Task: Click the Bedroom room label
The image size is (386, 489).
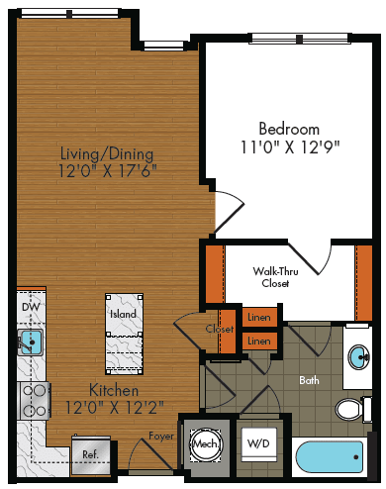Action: [x=289, y=129]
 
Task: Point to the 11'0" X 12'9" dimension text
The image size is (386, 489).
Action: [x=289, y=147]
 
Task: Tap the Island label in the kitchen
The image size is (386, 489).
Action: [x=124, y=315]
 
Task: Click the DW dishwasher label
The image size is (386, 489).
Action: [x=31, y=308]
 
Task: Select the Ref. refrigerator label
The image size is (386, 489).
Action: [x=89, y=455]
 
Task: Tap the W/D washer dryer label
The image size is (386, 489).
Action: [x=257, y=442]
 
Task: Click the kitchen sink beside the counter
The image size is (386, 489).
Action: [x=31, y=343]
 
